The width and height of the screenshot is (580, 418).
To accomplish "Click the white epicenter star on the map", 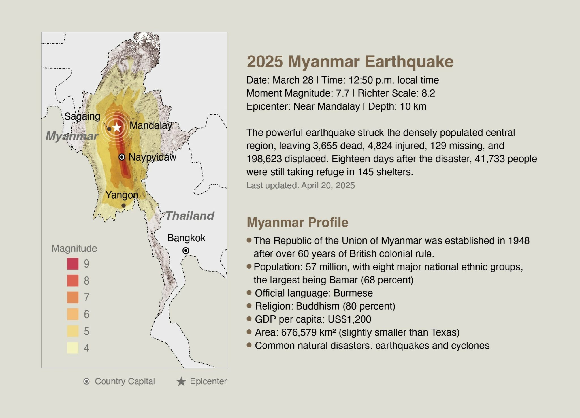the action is (x=117, y=127).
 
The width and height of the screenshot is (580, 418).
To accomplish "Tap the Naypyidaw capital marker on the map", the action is (x=122, y=157).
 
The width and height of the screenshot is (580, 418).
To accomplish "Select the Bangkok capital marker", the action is (x=186, y=251).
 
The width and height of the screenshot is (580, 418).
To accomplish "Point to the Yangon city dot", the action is (x=123, y=206).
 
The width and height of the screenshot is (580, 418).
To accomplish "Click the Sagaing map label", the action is (x=82, y=116).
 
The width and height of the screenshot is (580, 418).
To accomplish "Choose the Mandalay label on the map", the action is (x=151, y=125).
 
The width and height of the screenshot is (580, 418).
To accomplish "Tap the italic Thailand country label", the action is (x=190, y=216).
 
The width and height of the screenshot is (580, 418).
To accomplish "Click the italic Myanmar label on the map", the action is (x=72, y=136).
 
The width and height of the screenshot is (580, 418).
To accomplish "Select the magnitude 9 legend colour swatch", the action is (x=73, y=264).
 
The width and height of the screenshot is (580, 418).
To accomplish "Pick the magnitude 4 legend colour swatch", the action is (x=73, y=348).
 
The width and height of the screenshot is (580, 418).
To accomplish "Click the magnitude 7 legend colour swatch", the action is (x=73, y=297).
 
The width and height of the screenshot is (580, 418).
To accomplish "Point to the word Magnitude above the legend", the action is (x=74, y=248).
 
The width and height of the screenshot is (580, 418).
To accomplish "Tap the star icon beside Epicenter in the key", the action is (x=181, y=381).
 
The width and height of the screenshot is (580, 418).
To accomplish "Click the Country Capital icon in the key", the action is (x=87, y=381).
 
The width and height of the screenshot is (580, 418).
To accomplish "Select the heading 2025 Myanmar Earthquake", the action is (x=350, y=61).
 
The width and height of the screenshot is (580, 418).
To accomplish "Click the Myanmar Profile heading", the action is (x=298, y=222).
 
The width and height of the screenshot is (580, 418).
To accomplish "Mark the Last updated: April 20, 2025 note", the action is (x=300, y=185).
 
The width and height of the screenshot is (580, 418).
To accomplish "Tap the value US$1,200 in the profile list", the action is (x=349, y=319).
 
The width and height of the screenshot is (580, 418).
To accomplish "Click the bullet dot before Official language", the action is (x=249, y=293).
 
